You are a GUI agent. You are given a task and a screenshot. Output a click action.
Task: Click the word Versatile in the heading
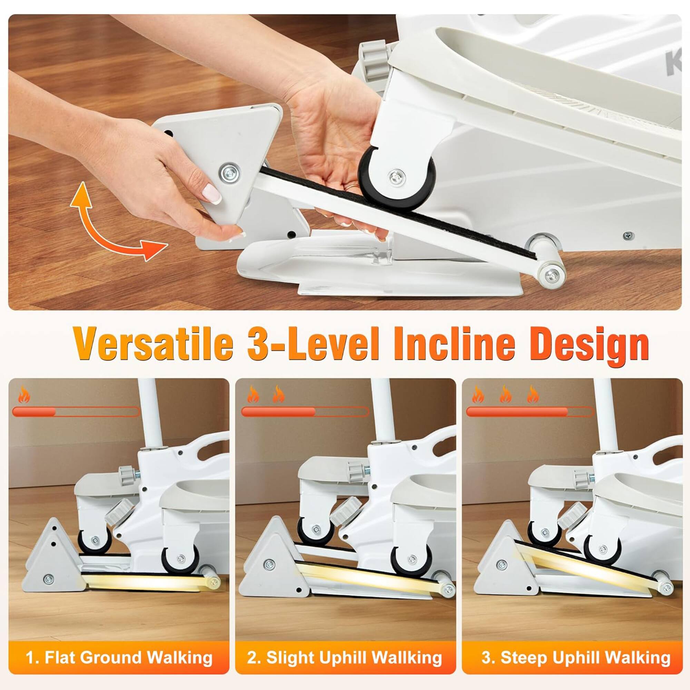[x=153, y=345]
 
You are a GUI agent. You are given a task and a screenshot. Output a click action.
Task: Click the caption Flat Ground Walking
[x=119, y=657]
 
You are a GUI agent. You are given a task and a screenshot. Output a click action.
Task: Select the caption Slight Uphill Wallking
[x=345, y=657]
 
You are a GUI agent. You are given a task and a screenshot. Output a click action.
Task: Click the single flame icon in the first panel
[x=24, y=395]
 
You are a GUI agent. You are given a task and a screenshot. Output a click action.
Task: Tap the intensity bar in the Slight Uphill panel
[x=305, y=412]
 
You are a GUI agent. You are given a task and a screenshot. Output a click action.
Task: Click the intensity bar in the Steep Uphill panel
[x=530, y=412]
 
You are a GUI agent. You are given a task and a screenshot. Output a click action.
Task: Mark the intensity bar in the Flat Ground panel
[x=76, y=412]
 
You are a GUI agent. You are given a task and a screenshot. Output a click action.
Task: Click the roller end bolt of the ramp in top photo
[x=552, y=275]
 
